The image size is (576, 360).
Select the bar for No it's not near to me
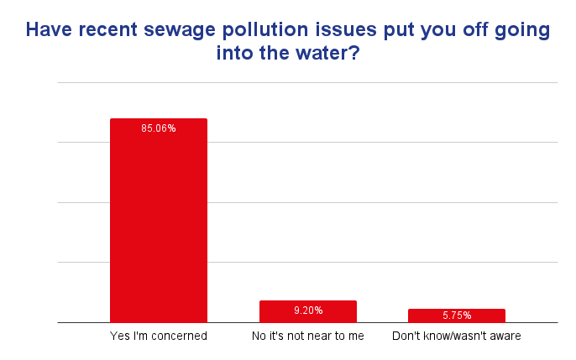tap(307, 311)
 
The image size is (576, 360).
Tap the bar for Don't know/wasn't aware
tap(457, 316)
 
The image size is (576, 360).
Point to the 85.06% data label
tap(159, 128)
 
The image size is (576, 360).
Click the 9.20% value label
tap(307, 310)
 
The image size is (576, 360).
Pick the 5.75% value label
tap(457, 316)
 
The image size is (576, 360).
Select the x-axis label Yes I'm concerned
tap(159, 337)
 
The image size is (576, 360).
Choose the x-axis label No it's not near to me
tap(307, 337)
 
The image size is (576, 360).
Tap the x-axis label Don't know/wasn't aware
tap(457, 337)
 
